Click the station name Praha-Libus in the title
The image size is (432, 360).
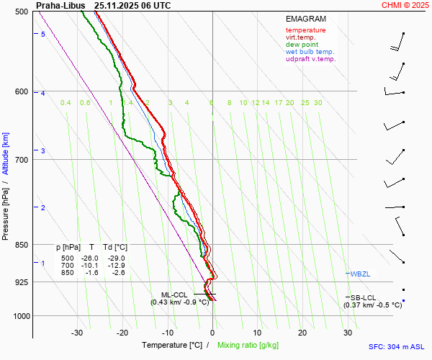point(60,5)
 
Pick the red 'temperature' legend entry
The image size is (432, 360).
point(305,30)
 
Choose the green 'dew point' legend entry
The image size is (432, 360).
point(303,45)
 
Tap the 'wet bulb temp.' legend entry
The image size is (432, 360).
point(310,52)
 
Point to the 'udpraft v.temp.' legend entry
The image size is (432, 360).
point(310,59)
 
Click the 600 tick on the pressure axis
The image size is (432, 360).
point(21,91)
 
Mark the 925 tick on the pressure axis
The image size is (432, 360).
point(21,282)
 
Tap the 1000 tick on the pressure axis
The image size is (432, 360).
point(19,316)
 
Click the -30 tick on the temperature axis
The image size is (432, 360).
point(77,333)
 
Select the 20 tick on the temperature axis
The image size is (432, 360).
point(302,333)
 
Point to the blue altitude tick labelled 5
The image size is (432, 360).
point(43,35)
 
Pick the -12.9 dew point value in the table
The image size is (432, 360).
point(116,265)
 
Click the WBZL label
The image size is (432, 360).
point(360,274)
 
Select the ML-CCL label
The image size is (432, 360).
point(174,294)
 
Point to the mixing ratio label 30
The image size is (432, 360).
point(318,103)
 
